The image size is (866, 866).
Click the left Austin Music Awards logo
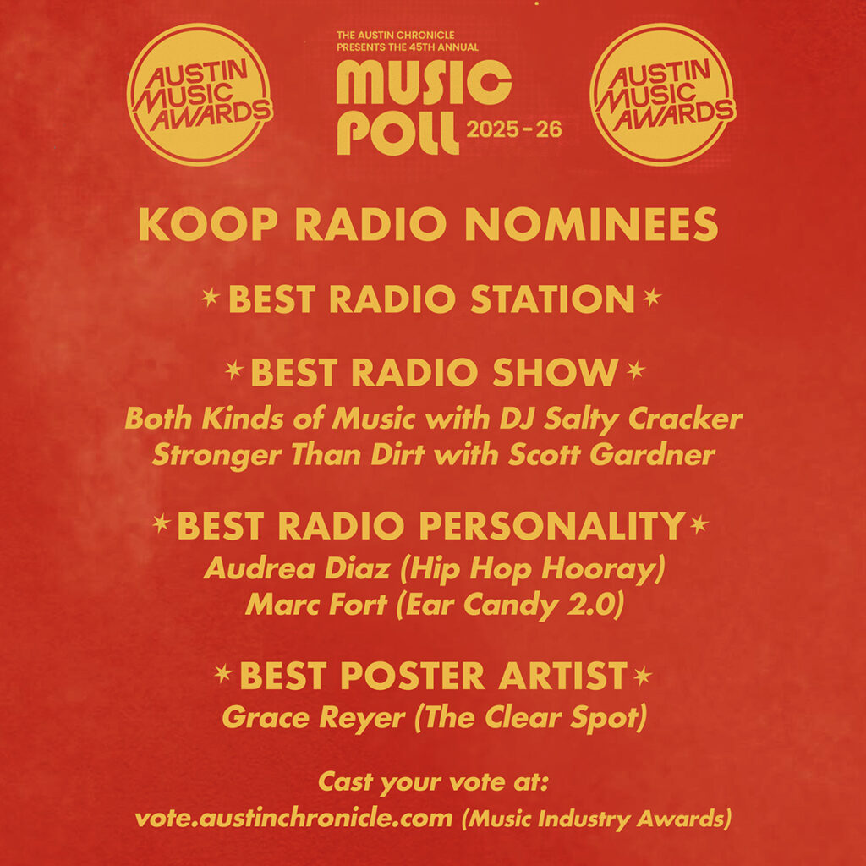[199, 94]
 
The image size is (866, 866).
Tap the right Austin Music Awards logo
[662, 94]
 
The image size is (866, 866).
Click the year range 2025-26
[513, 131]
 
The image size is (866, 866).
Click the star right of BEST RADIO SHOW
[636, 371]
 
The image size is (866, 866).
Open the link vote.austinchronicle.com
[293, 819]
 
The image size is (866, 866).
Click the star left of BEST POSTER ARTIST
[223, 675]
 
